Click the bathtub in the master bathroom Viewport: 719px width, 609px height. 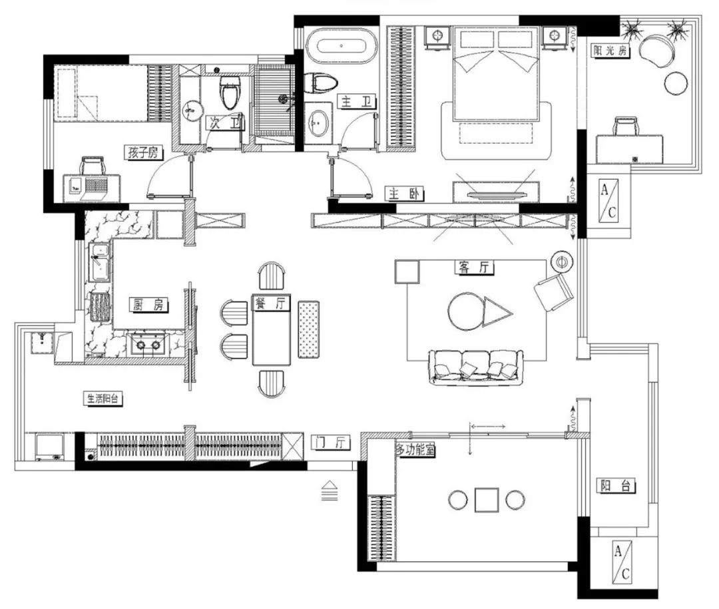click(x=341, y=46)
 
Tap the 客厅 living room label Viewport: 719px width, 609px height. click(x=474, y=267)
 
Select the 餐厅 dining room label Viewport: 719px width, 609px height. click(x=270, y=303)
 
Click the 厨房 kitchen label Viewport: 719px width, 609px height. click(x=148, y=305)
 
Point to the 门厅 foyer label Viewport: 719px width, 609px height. click(x=330, y=442)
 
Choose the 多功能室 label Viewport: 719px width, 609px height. click(x=415, y=450)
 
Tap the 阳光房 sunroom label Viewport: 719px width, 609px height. click(x=610, y=51)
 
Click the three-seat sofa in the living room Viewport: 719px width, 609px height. click(x=475, y=367)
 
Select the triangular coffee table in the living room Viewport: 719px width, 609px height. click(x=497, y=313)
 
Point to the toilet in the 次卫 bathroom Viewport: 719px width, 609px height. click(x=230, y=92)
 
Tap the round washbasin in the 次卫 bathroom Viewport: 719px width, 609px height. click(x=192, y=110)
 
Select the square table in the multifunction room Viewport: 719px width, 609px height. click(x=487, y=500)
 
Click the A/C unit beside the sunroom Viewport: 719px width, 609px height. click(x=608, y=201)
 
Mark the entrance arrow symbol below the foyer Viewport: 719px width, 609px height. click(x=330, y=491)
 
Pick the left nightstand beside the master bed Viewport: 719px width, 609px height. click(x=438, y=37)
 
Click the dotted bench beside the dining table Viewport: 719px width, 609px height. click(x=309, y=329)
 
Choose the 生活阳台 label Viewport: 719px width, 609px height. click(x=103, y=399)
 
